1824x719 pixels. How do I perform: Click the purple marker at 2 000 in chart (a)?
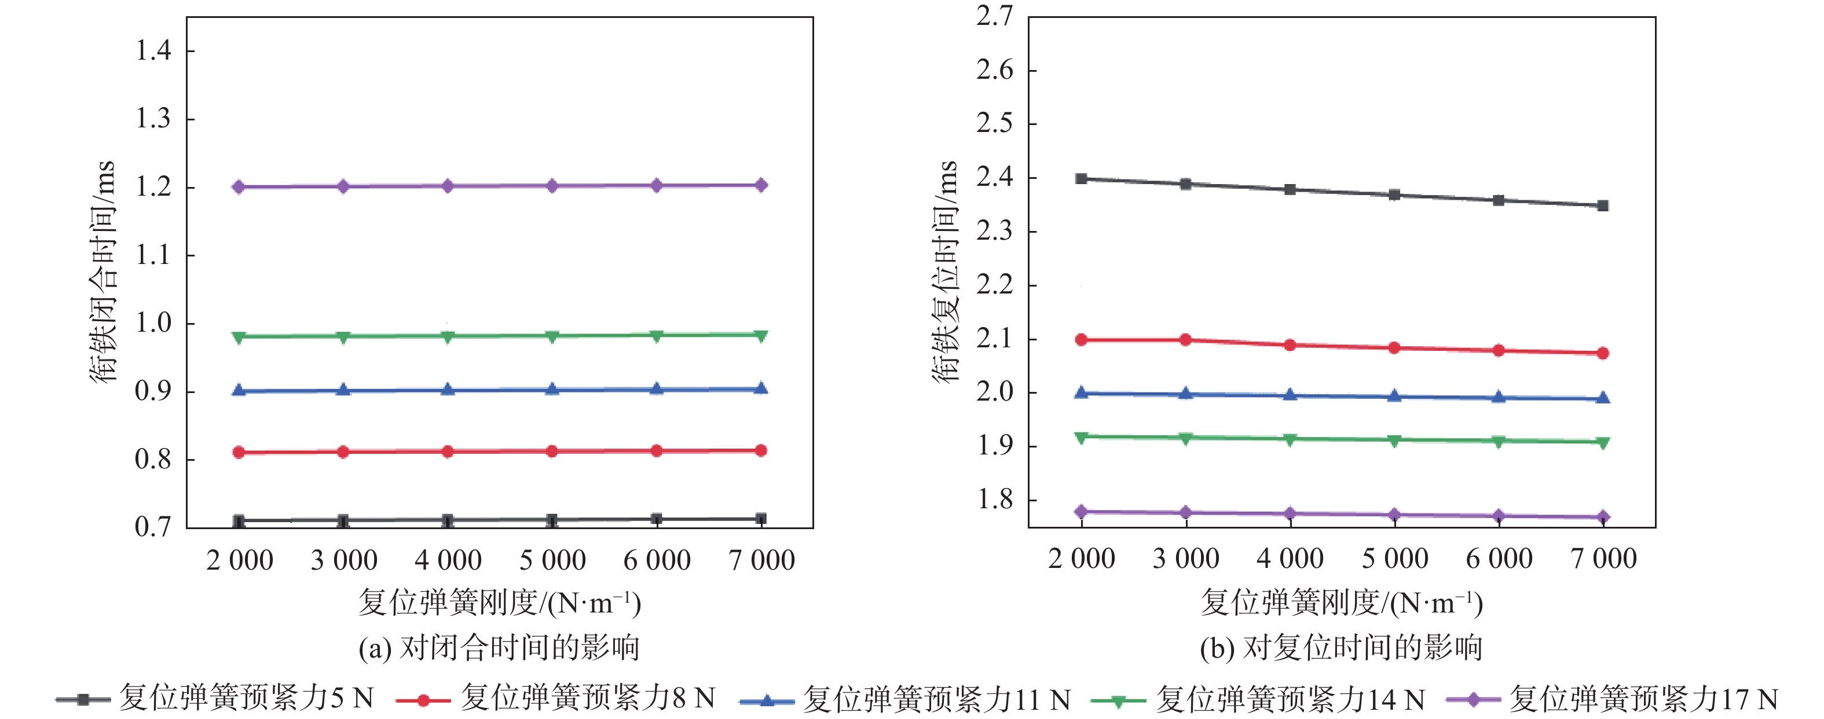239,187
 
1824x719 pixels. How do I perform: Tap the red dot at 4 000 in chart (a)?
448,452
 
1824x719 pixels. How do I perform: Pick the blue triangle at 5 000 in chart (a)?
552,389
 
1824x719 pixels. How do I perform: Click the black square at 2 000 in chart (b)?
1081,179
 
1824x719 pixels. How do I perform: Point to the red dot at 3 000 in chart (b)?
1185,340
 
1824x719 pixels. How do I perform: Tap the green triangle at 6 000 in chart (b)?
1499,442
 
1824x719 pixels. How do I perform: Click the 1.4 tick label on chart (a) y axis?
153,51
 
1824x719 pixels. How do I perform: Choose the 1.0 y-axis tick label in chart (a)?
153,324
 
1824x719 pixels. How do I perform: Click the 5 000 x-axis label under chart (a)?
552,560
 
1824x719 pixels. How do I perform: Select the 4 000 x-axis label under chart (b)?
1290,559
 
